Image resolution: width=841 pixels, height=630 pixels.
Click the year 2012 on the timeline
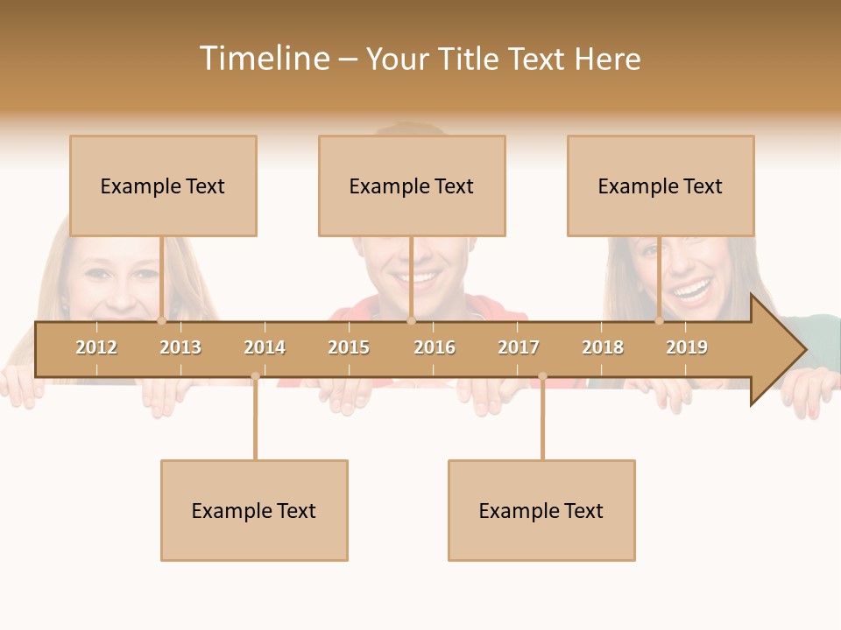tap(96, 347)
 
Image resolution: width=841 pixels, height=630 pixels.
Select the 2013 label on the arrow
tap(180, 347)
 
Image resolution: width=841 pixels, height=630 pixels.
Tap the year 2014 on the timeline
tap(265, 347)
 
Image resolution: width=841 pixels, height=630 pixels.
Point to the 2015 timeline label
tap(349, 347)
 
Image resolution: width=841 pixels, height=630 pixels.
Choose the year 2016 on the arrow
tap(435, 347)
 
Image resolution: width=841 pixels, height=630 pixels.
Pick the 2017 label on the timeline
tap(519, 347)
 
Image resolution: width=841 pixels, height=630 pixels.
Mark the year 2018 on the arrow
tap(603, 347)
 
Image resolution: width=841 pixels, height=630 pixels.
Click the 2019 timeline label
tap(687, 347)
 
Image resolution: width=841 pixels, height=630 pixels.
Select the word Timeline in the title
tap(264, 59)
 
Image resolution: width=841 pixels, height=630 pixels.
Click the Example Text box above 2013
tap(163, 185)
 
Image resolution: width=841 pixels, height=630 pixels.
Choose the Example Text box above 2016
tap(412, 185)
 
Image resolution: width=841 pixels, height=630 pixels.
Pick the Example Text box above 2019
tap(661, 185)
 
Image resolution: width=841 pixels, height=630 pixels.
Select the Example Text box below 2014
tap(254, 510)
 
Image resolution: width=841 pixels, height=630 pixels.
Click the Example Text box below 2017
tap(541, 510)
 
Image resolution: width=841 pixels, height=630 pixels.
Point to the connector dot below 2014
tap(255, 376)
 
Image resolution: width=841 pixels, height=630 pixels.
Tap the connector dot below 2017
tap(542, 376)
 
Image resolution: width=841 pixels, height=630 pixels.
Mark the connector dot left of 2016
tap(411, 321)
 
